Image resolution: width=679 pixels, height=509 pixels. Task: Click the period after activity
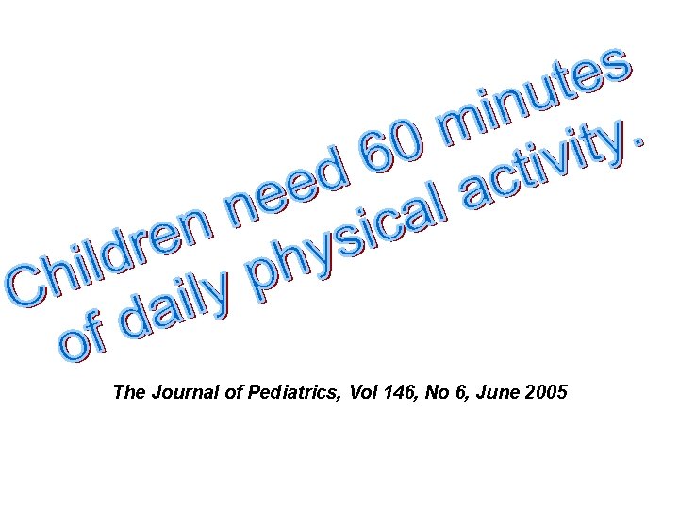click(x=640, y=140)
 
